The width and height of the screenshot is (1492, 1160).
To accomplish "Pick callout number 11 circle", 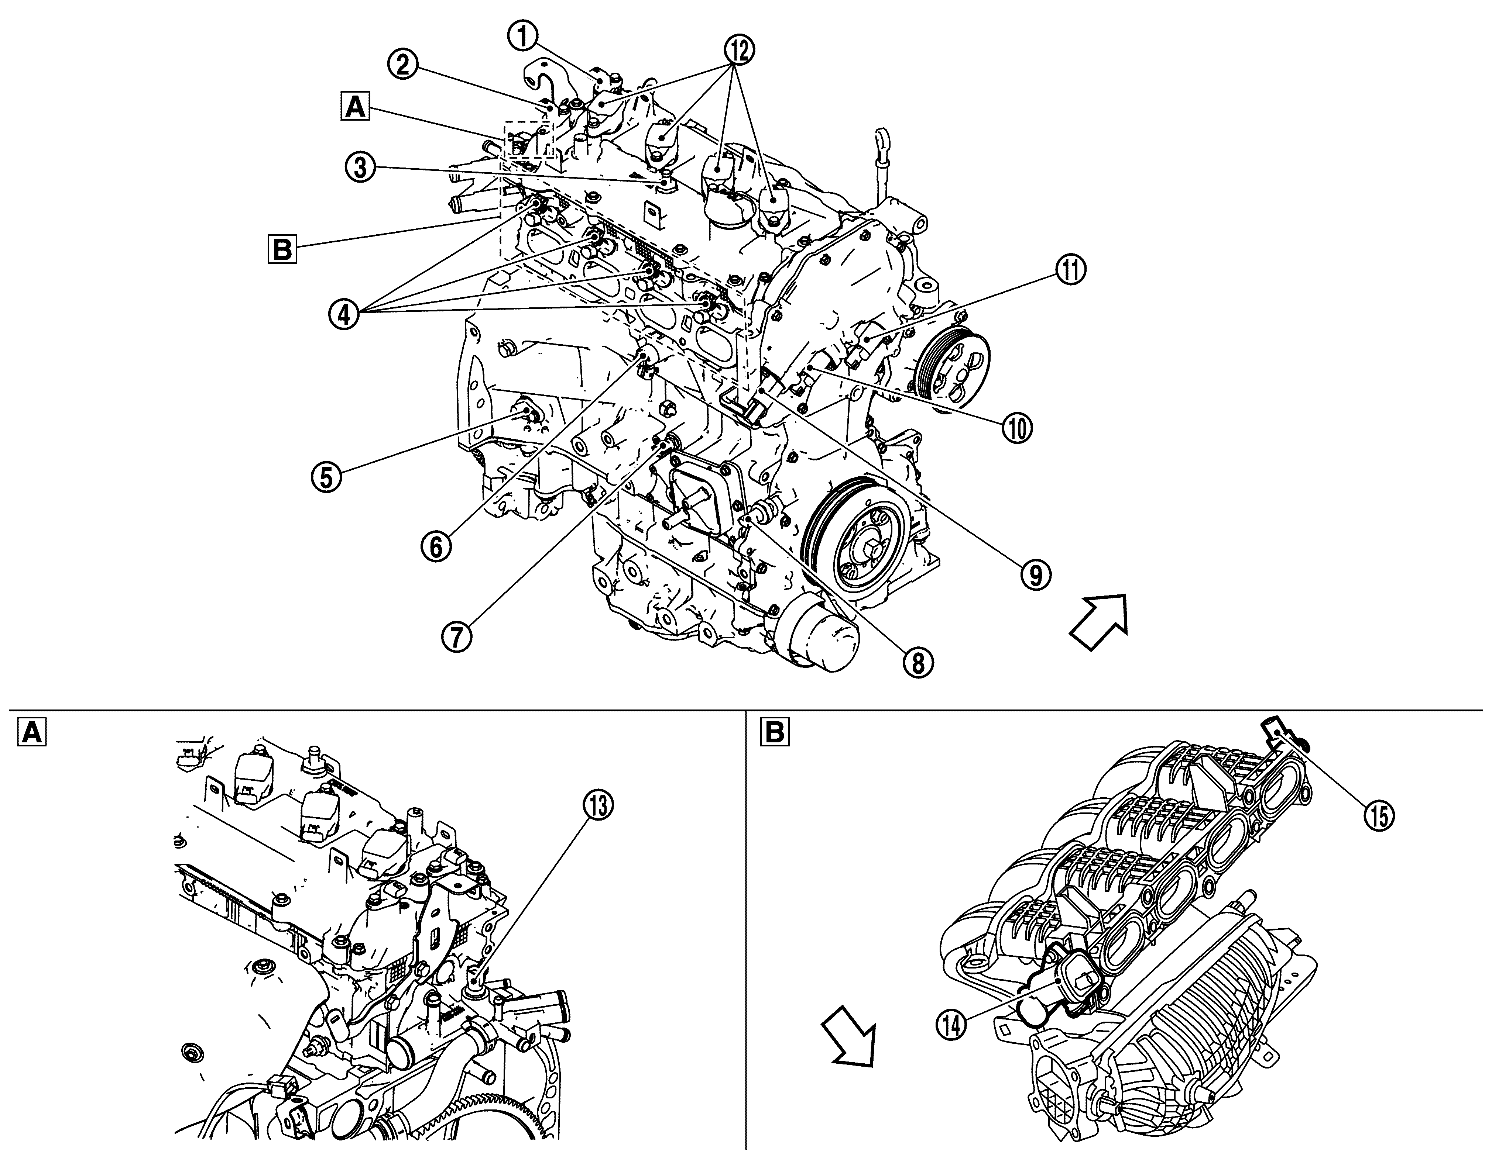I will pyautogui.click(x=1070, y=271).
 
